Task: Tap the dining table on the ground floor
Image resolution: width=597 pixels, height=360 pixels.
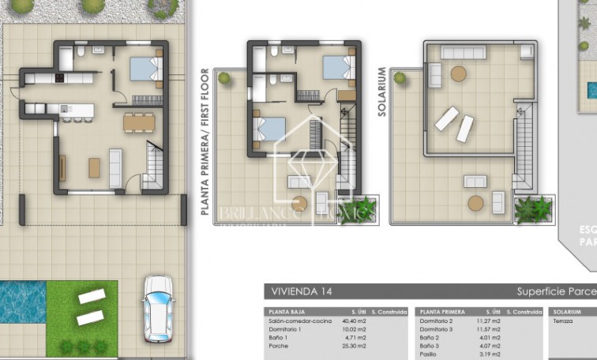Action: pos(139,122)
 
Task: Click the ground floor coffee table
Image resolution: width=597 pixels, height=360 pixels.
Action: pos(95,167)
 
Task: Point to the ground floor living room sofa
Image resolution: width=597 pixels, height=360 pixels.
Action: pos(115,167)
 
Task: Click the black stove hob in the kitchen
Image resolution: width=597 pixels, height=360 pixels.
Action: pos(59,78)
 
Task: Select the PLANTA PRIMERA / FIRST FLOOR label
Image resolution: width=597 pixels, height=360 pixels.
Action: pos(205,142)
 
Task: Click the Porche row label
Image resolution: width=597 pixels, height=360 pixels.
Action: pos(277,345)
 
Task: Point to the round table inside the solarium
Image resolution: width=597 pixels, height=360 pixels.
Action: pos(458,74)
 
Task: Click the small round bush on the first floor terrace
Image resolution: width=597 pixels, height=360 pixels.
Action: pos(224,78)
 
